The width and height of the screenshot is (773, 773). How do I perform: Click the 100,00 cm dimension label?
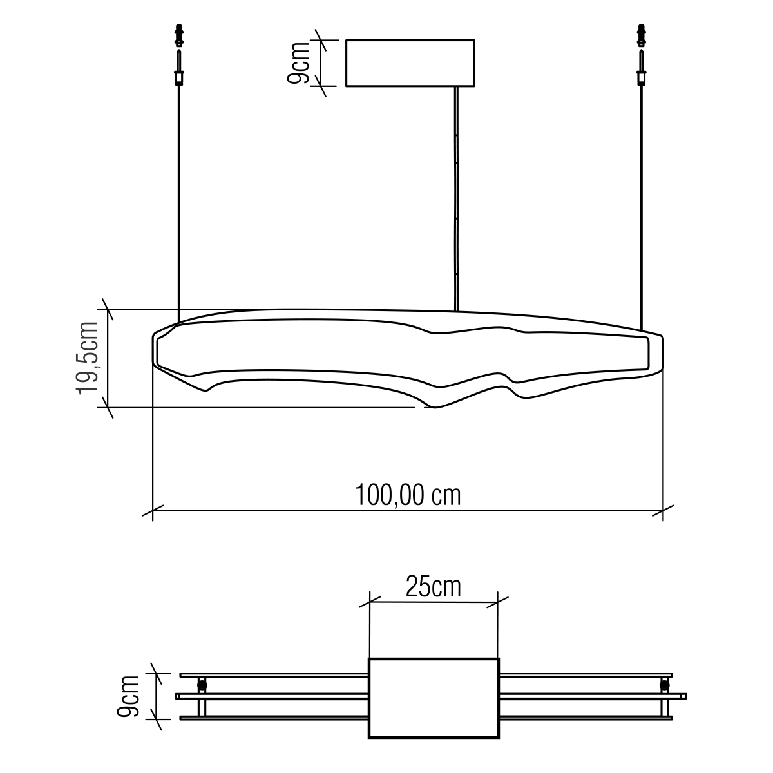(408, 495)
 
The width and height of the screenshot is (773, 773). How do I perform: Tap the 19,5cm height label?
(88, 358)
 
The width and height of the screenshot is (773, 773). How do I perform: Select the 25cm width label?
(434, 586)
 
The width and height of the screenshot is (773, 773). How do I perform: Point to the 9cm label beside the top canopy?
(299, 63)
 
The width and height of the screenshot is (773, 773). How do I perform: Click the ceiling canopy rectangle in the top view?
(410, 63)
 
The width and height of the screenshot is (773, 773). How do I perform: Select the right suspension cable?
(642, 208)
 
